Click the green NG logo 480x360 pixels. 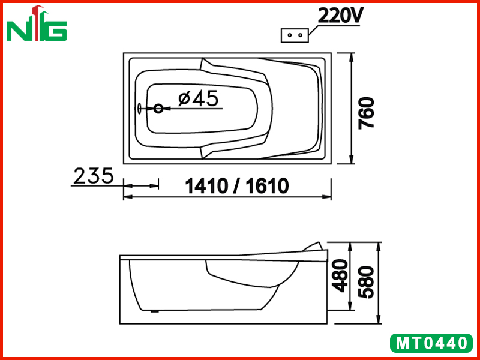(x=37, y=23)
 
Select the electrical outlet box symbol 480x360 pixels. (x=295, y=35)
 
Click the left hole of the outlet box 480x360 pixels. (x=289, y=35)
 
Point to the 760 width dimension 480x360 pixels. (x=366, y=113)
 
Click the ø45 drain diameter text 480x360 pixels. (x=198, y=98)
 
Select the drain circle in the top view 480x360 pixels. (x=158, y=109)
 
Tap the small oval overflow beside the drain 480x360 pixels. (x=140, y=109)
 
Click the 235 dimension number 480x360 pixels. (x=94, y=176)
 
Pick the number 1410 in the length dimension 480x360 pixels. (x=206, y=186)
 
